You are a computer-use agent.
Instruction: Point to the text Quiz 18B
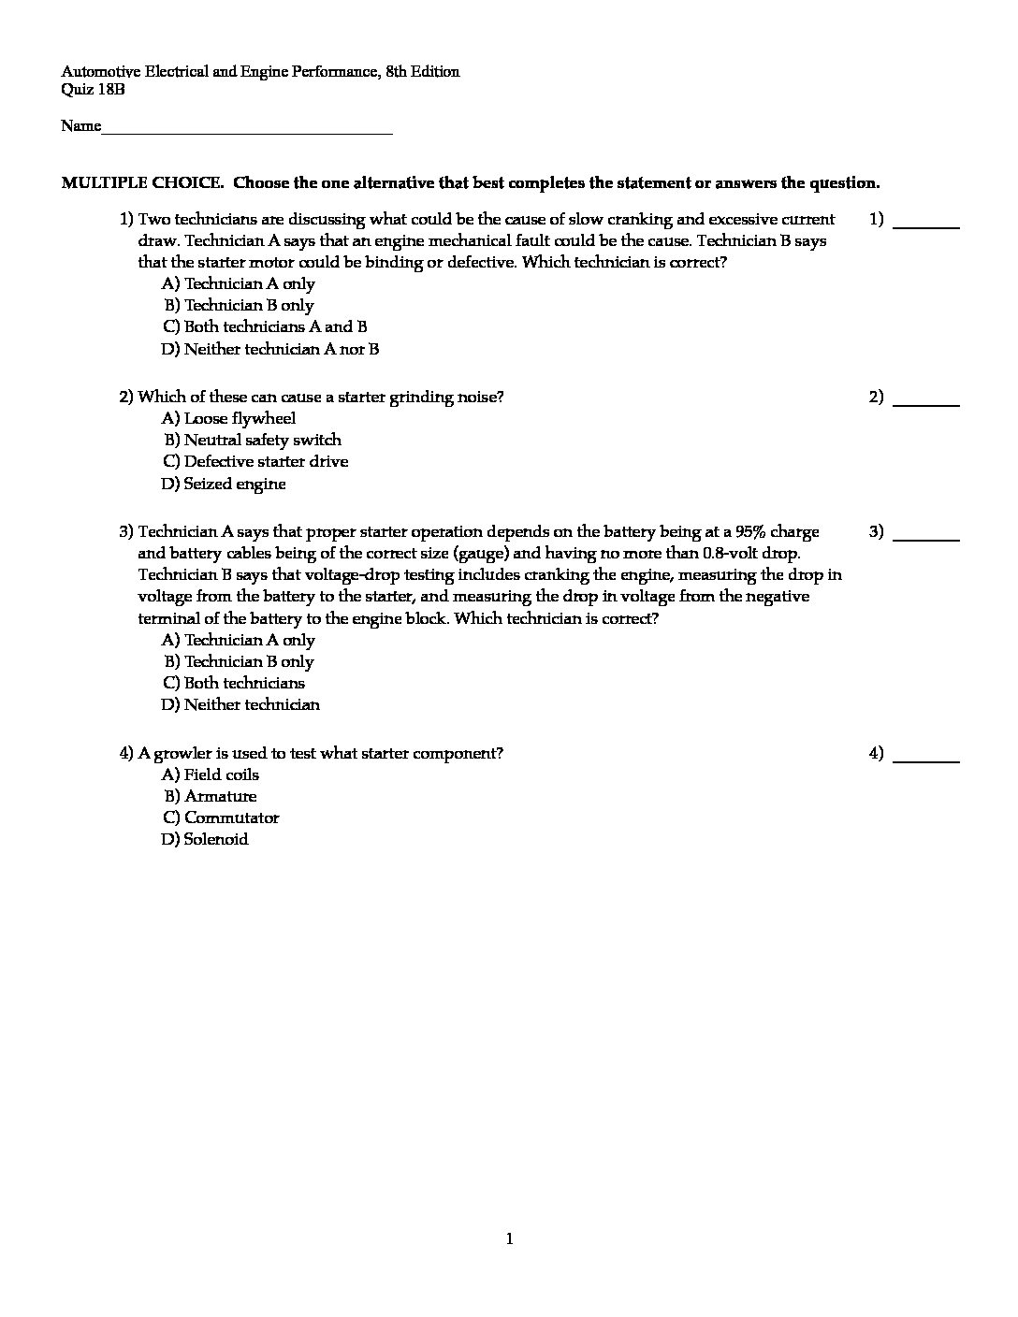pos(93,90)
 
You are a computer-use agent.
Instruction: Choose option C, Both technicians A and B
pos(265,327)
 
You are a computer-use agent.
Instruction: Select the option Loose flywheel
pos(229,419)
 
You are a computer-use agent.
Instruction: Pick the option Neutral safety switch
pos(253,441)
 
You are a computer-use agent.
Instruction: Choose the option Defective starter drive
pos(255,462)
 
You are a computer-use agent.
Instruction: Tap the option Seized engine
pos(225,485)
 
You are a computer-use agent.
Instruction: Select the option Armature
pos(211,797)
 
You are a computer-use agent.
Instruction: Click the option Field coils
pos(211,775)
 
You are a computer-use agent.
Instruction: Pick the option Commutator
pos(222,818)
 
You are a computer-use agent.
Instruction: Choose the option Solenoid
pos(206,840)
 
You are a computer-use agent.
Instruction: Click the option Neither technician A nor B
pos(270,350)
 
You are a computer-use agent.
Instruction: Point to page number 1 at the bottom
pos(509,1240)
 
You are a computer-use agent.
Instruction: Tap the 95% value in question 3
pos(750,532)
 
